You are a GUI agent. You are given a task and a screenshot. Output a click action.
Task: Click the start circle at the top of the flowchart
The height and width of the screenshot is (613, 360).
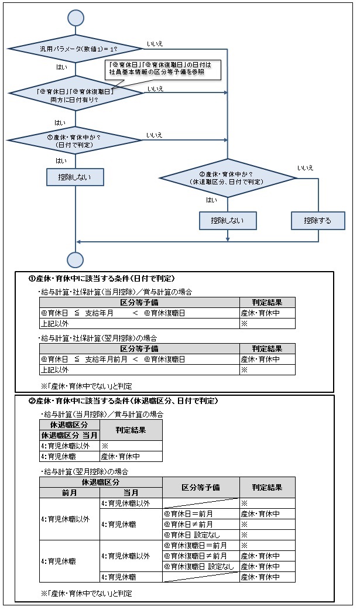76,18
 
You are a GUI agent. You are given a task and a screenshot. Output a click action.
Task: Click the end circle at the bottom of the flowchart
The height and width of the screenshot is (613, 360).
76,259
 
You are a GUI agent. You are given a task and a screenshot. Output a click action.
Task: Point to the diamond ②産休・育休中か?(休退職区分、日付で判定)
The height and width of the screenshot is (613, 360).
228,177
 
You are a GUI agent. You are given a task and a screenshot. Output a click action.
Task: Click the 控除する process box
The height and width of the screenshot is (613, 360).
318,220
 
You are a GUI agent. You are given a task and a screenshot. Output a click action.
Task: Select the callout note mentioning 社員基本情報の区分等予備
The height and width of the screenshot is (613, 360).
162,69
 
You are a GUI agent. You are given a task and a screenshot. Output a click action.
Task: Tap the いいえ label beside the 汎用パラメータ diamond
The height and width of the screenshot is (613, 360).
155,44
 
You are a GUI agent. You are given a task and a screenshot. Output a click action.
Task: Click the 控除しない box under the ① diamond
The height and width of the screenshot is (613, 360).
76,177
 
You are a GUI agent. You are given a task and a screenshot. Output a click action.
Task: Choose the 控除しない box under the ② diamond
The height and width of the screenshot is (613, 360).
228,220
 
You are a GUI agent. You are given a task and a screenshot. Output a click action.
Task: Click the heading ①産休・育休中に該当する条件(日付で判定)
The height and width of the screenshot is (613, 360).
102,278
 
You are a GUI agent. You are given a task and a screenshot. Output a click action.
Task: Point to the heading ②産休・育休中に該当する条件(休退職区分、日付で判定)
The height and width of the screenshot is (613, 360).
124,401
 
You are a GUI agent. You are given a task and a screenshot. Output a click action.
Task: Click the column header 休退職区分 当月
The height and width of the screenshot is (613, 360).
69,435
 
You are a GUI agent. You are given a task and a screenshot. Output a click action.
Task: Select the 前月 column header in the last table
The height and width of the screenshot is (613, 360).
69,492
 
